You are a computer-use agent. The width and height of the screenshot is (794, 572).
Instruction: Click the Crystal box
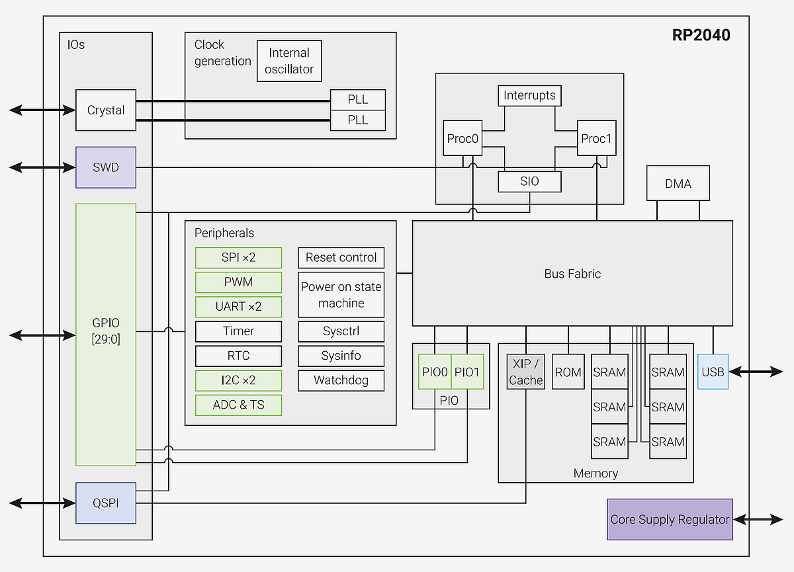click(106, 110)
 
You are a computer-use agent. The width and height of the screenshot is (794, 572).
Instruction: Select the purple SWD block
click(106, 167)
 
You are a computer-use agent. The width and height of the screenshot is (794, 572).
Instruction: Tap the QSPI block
click(106, 503)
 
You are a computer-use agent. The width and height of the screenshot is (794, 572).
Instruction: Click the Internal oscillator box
click(289, 61)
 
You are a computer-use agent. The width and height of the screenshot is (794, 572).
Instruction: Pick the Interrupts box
click(529, 95)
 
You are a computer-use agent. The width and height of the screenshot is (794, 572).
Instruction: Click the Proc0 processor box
click(463, 138)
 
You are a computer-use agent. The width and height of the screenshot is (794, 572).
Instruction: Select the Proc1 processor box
click(597, 138)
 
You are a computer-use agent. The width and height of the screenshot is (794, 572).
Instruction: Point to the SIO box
click(529, 182)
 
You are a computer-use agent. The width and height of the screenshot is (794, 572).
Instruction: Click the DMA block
click(678, 183)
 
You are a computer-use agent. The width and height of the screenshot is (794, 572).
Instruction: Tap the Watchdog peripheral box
click(341, 380)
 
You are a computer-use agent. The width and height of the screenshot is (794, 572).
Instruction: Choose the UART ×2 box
click(239, 307)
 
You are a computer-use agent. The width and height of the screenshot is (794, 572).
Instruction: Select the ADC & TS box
click(239, 405)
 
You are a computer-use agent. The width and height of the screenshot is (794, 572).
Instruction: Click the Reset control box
click(341, 257)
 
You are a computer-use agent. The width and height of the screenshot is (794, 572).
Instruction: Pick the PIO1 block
click(467, 372)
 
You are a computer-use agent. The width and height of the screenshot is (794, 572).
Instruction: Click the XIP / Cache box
click(525, 372)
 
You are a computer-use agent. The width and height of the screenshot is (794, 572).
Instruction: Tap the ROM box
click(568, 372)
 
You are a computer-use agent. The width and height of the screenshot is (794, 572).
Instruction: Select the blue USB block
click(713, 372)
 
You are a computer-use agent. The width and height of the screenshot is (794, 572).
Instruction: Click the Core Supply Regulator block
click(670, 520)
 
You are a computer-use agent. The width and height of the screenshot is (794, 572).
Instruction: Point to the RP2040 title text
click(701, 35)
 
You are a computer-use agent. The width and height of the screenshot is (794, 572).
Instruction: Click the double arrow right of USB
click(756, 372)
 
